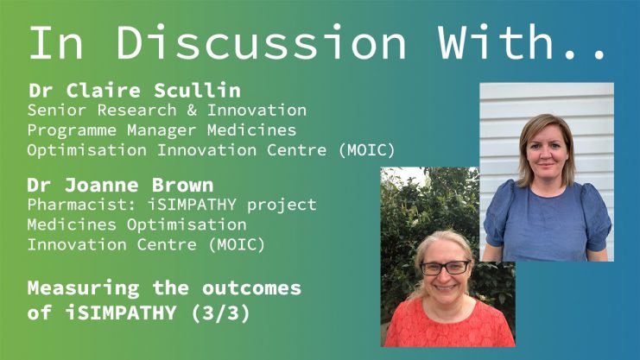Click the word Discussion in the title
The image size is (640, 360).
tap(261, 42)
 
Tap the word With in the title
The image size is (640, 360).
tap(496, 42)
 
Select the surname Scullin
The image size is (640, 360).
tap(197, 90)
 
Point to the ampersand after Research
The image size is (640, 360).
tap(192, 111)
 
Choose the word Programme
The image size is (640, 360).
tap(72, 130)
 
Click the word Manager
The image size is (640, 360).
tap(162, 130)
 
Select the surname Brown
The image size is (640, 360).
tap(182, 186)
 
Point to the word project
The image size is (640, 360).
tap(282, 205)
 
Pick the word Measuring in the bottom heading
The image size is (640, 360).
tap(83, 288)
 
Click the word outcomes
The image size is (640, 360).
tap(251, 288)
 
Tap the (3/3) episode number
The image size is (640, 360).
tap(220, 313)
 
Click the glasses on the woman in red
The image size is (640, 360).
tap(446, 268)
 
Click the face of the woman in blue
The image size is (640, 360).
tap(546, 152)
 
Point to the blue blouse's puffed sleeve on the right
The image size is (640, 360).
tap(595, 218)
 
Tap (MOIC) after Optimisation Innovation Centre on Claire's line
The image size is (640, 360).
tap(367, 150)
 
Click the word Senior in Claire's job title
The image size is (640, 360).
tap(57, 111)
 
